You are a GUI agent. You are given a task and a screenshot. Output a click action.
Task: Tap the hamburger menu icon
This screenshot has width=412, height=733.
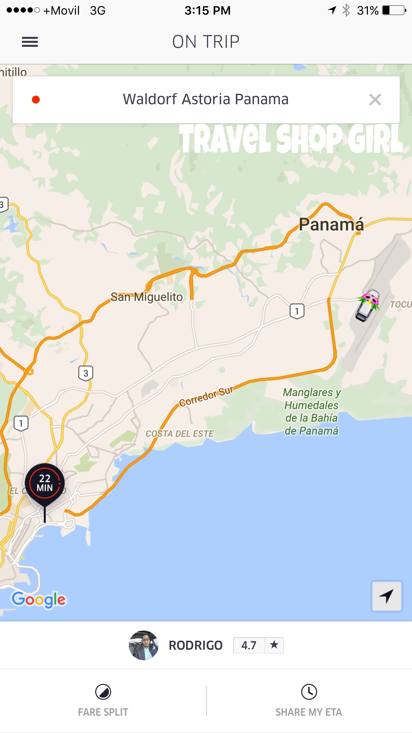click(30, 42)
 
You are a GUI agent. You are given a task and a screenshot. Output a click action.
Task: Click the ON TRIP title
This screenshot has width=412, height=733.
click(206, 42)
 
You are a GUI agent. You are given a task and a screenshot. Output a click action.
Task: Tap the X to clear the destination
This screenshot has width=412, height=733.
click(375, 100)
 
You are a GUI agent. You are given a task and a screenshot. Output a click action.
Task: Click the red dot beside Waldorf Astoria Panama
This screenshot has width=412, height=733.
click(36, 100)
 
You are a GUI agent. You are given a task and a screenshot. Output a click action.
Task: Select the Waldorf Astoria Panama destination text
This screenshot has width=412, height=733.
click(206, 99)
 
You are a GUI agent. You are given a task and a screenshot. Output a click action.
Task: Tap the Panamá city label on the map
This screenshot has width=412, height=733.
click(331, 224)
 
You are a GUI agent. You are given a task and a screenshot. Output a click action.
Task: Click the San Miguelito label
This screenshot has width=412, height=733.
click(147, 297)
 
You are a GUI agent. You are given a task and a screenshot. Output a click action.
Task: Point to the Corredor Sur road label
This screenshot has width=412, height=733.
click(206, 396)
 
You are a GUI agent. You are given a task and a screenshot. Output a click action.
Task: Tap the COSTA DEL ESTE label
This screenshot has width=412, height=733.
click(179, 434)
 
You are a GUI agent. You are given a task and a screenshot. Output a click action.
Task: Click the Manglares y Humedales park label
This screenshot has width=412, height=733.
click(311, 411)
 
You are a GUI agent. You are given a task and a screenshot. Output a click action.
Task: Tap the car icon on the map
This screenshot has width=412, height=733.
click(368, 305)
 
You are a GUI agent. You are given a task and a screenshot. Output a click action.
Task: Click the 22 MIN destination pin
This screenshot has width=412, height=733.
click(45, 483)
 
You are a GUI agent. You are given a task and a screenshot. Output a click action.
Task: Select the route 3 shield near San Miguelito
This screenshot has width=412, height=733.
click(86, 373)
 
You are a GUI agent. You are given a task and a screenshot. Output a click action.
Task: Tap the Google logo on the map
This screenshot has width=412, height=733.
click(39, 600)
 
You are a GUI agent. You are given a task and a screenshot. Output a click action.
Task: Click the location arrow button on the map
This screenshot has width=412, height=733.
click(386, 596)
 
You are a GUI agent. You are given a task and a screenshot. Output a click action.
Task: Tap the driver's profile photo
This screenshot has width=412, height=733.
click(144, 645)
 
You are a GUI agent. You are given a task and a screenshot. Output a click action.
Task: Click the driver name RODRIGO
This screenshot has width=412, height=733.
click(195, 645)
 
